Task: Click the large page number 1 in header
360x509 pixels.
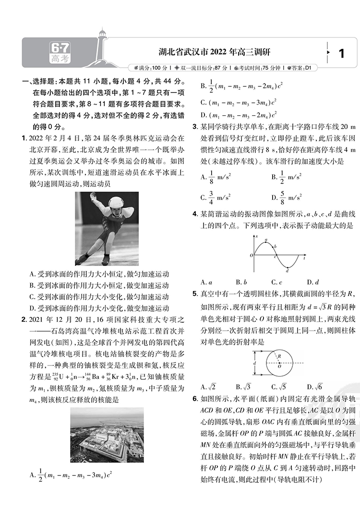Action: point(341,53)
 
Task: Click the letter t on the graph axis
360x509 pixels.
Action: point(305,259)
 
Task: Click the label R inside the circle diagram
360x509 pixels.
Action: point(279,356)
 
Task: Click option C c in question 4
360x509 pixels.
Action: point(276,282)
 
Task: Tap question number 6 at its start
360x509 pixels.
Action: point(194,399)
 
